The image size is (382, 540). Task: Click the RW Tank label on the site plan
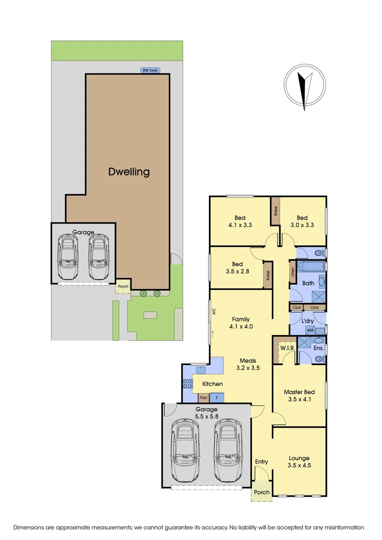149,71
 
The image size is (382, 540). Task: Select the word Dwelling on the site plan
129,172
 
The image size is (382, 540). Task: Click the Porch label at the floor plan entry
261,492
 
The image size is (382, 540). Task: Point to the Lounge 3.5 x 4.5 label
299,461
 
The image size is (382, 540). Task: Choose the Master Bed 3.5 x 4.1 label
299,395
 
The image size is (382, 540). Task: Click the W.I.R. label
286,348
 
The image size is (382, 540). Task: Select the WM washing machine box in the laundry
309,330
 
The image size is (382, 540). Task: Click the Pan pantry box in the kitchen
203,398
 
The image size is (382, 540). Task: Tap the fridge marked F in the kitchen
217,398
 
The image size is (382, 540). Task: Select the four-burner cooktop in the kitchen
188,384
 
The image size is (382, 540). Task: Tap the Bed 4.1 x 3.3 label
240,221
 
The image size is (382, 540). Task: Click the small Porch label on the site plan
122,287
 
